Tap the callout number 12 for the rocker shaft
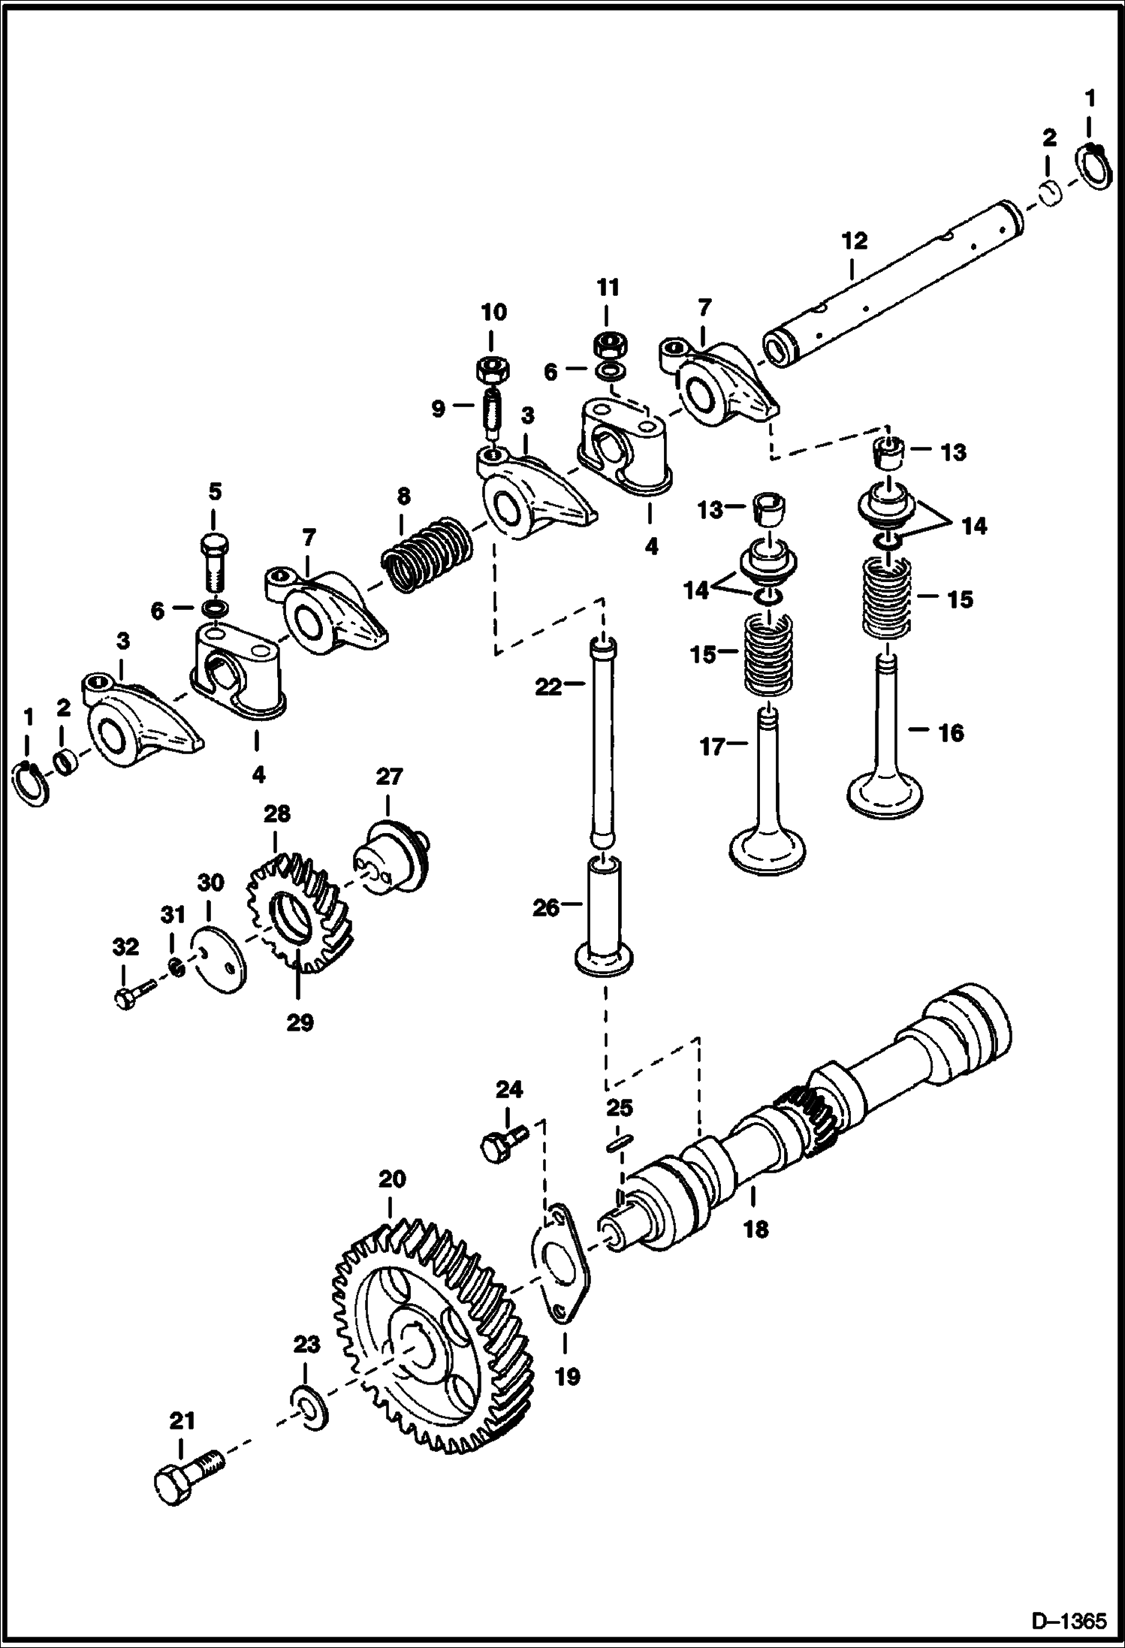point(855,241)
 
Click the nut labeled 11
point(608,345)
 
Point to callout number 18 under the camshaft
point(756,1230)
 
